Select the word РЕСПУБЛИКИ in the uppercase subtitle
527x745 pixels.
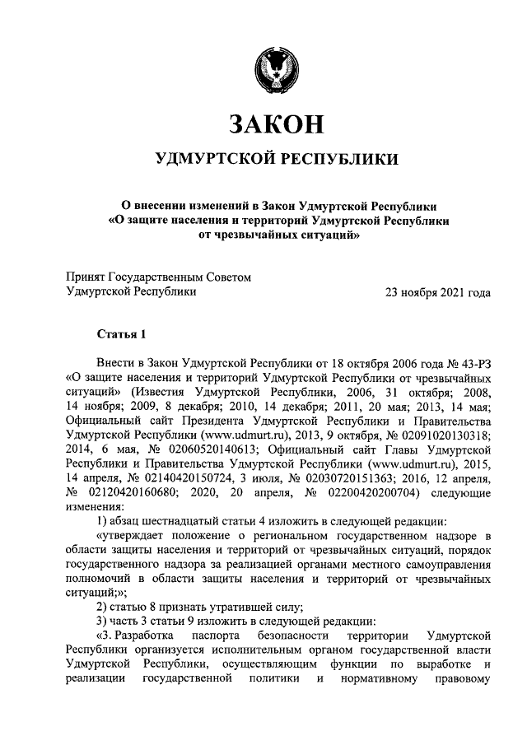(342, 159)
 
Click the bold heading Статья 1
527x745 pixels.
(121, 333)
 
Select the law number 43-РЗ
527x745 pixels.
(473, 362)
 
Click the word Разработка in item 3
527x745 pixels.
(145, 636)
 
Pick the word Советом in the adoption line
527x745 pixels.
(223, 277)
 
